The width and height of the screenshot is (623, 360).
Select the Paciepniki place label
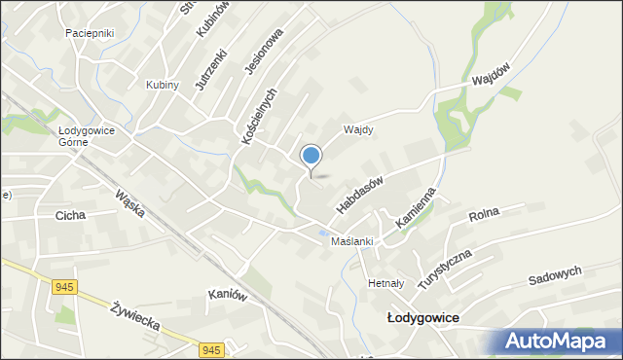click(90, 33)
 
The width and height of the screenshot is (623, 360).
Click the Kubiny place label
click(163, 85)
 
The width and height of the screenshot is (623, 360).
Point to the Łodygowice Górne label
click(87, 135)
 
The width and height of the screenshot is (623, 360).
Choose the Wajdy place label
click(359, 129)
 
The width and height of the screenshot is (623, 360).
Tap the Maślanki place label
click(352, 241)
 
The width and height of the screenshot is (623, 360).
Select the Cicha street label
click(71, 215)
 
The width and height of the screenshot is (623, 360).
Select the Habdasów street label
click(360, 194)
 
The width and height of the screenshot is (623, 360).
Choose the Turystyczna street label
click(445, 268)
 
